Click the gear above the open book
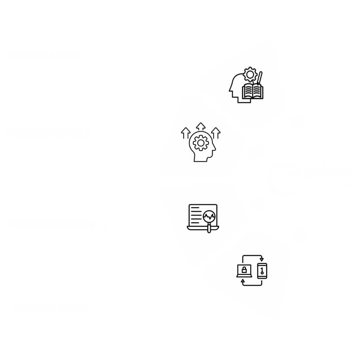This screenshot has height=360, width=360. click(x=250, y=74)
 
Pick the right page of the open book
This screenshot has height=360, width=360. click(x=257, y=91)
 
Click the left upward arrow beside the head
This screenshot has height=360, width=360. click(x=186, y=133)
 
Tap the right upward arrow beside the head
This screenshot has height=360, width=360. click(x=216, y=133)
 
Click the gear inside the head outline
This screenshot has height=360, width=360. click(x=201, y=143)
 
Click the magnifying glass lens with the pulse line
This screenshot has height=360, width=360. click(x=210, y=216)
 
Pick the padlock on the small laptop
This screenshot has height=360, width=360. click(x=244, y=270)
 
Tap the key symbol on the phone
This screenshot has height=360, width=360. click(x=262, y=271)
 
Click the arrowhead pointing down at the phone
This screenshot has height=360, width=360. click(x=262, y=259)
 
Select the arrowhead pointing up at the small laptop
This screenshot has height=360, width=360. click(x=243, y=281)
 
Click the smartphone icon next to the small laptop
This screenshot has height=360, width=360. click(x=262, y=271)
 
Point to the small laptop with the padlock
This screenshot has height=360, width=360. click(x=244, y=271)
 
